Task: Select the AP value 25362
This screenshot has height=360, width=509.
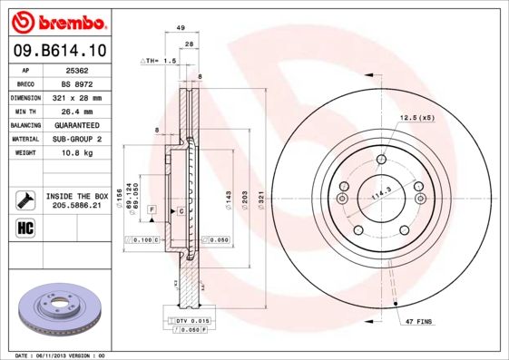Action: pyautogui.click(x=75, y=70)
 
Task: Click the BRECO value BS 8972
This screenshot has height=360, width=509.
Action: pyautogui.click(x=75, y=83)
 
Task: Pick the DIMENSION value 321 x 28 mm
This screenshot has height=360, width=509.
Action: pyautogui.click(x=75, y=97)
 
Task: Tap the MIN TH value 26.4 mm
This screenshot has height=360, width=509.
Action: pyautogui.click(x=75, y=111)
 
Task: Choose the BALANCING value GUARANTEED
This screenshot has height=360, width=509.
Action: pyautogui.click(x=75, y=125)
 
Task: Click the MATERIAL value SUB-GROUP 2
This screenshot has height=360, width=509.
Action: pyautogui.click(x=75, y=139)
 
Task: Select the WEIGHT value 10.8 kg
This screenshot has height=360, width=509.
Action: pyautogui.click(x=75, y=153)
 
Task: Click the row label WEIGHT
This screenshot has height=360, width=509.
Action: pyautogui.click(x=25, y=153)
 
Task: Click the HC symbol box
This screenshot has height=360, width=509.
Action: pyautogui.click(x=25, y=227)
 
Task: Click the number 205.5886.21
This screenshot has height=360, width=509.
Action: pyautogui.click(x=76, y=206)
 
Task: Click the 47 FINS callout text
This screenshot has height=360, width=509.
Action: pyautogui.click(x=419, y=322)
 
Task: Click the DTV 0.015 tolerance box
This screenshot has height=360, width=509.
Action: pyautogui.click(x=192, y=322)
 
